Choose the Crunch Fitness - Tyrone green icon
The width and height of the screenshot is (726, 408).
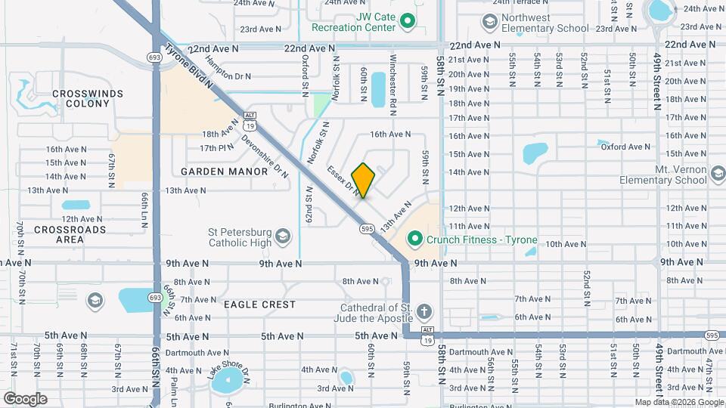(414, 240)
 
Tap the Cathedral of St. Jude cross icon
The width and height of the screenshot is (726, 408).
(424, 311)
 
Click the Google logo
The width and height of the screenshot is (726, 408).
(25, 399)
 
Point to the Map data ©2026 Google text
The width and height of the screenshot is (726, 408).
(678, 402)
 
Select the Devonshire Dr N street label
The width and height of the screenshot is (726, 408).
(265, 156)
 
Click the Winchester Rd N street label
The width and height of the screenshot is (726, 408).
(392, 84)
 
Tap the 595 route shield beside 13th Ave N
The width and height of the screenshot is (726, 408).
(368, 228)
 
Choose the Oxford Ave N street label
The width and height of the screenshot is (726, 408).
(625, 147)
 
